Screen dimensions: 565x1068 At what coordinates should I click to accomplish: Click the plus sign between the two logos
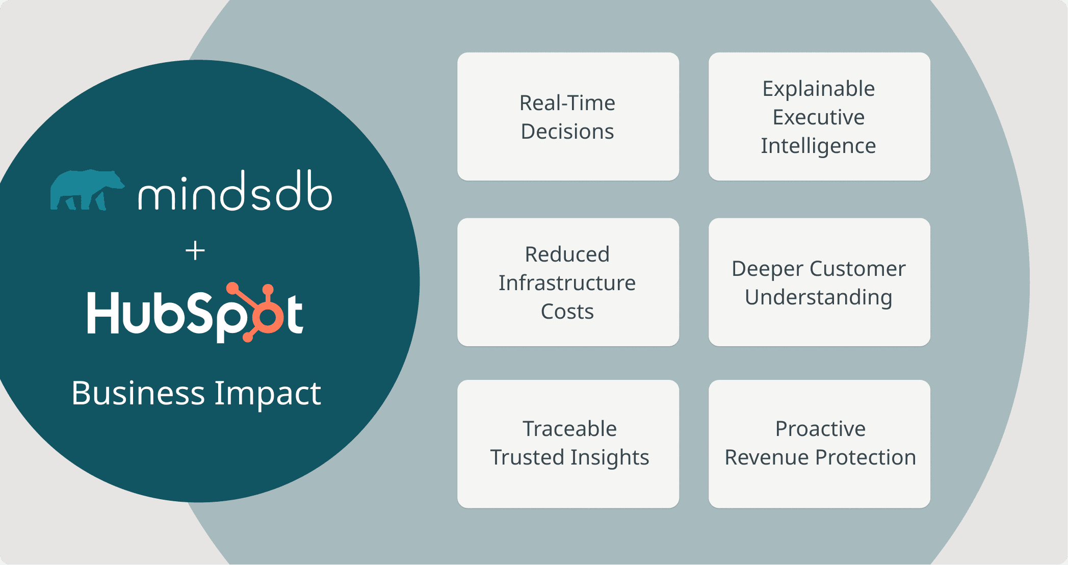[x=195, y=251]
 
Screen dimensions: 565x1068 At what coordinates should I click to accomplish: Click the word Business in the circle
[x=138, y=393]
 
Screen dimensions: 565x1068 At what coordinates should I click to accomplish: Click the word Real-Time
[x=567, y=103]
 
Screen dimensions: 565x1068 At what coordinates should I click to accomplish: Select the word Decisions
[x=567, y=132]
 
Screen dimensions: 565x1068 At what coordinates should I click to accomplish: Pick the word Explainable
[x=819, y=89]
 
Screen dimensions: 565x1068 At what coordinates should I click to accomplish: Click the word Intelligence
[x=819, y=146]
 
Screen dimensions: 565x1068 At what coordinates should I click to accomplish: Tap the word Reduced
[x=567, y=254]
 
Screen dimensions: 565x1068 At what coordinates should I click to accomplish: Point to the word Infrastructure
[x=567, y=283]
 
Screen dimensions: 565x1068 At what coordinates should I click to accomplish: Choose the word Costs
[x=567, y=312]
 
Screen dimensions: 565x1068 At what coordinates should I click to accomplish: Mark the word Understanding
[x=819, y=297]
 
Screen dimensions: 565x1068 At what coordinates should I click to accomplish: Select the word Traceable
[x=569, y=429]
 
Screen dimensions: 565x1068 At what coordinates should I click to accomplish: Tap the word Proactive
[x=820, y=429]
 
